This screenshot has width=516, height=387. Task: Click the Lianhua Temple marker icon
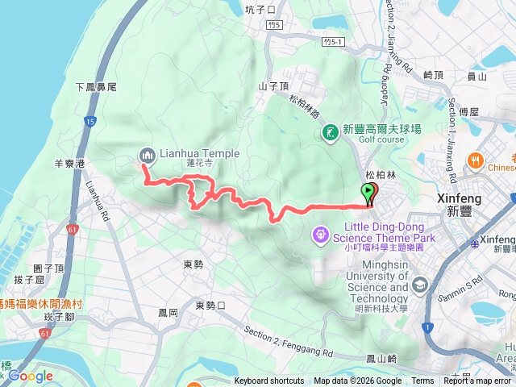click(147, 154)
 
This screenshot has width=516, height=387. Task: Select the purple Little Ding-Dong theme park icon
click(320, 234)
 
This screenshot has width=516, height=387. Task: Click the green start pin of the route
click(369, 193)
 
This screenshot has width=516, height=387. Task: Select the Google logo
click(31, 376)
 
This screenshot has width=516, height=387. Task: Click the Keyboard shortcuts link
click(269, 381)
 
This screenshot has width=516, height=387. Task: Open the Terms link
click(422, 381)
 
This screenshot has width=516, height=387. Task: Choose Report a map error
click(477, 381)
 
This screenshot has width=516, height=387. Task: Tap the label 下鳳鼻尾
click(96, 86)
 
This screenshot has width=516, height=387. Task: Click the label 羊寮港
click(70, 163)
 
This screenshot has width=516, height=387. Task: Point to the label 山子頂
click(274, 85)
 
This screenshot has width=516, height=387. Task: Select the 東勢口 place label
click(211, 306)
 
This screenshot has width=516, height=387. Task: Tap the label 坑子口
click(260, 10)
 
